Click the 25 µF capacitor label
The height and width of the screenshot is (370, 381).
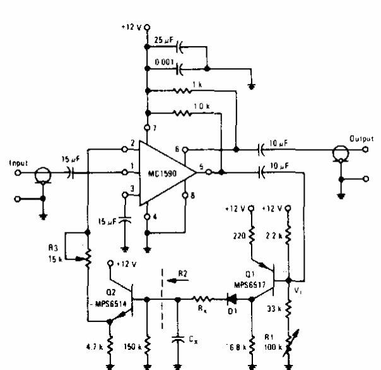(x=163, y=40)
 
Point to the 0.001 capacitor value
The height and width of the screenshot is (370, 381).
(x=163, y=63)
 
